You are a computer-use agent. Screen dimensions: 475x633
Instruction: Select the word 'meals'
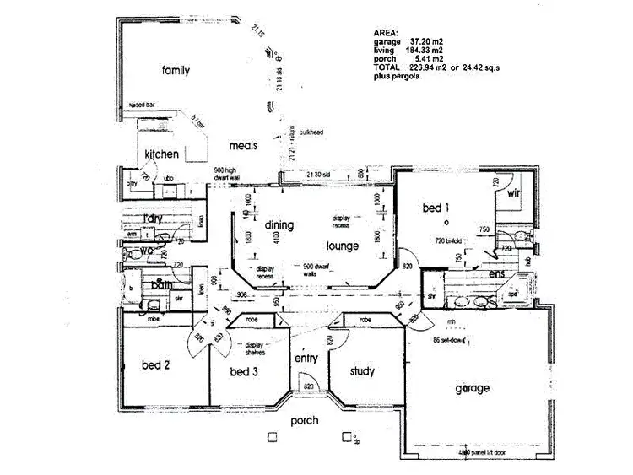[243, 145]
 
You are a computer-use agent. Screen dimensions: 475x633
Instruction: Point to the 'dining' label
[278, 225]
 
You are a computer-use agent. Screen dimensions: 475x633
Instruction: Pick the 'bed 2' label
[156, 365]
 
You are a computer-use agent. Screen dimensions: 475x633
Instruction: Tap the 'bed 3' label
[244, 372]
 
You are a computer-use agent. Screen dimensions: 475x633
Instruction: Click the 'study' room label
[360, 371]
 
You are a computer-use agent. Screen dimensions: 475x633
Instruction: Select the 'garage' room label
[472, 388]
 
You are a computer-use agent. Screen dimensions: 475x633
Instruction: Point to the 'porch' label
[304, 420]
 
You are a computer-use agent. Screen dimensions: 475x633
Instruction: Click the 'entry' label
[306, 359]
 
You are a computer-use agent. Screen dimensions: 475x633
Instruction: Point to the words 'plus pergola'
[397, 77]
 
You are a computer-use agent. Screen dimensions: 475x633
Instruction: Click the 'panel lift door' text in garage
[481, 452]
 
